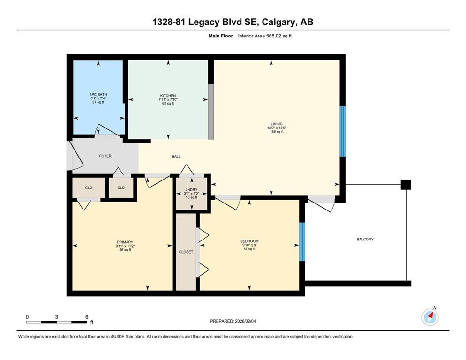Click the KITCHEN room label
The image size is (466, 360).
pos(168,96)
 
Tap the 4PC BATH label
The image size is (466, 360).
pos(98,95)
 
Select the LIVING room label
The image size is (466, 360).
pos(277,124)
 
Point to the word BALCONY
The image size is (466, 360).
pos(365,240)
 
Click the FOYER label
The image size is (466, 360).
pos(105,156)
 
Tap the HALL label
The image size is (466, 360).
pos(176,157)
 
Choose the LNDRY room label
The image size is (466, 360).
pos(191,190)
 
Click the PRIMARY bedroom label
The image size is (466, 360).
pos(125,242)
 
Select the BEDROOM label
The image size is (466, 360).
pos(249,241)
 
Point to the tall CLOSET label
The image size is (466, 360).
pos(186,252)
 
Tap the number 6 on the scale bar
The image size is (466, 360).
pos(87,317)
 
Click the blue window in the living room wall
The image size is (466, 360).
pos(342,131)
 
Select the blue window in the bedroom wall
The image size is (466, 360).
pos(302,241)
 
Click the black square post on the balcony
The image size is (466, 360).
pos(406,185)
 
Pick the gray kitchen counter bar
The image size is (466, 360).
pos(210,112)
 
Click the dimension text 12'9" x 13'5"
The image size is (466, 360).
pos(277,128)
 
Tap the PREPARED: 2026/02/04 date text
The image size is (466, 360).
pos(233,321)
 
